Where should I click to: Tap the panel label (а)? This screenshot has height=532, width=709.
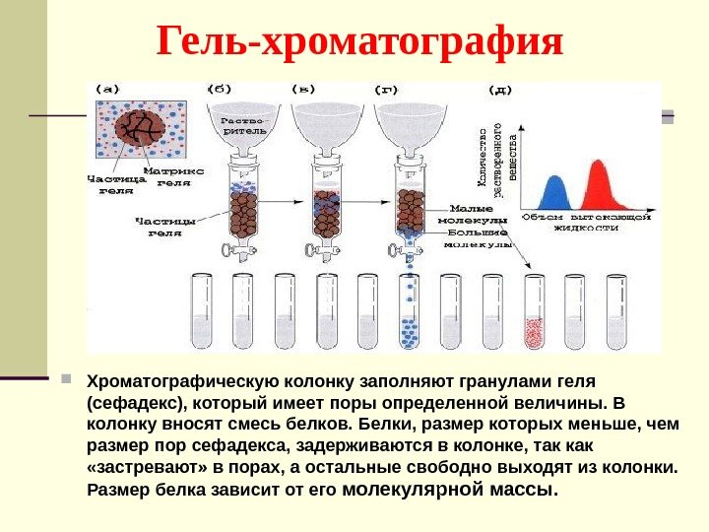click(x=107, y=88)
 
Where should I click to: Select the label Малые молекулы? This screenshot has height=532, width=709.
click(x=478, y=215)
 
